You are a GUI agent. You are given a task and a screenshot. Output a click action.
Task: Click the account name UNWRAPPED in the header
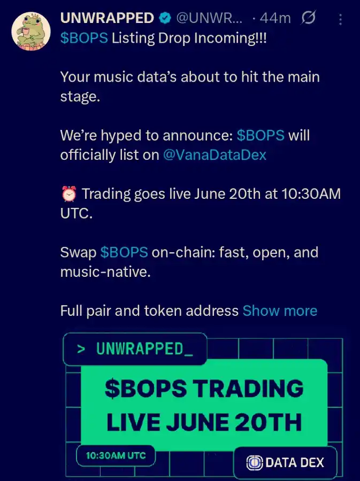[107, 18]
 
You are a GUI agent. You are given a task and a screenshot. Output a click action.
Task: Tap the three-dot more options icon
[341, 19]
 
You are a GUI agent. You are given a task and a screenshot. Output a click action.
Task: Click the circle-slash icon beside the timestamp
[309, 18]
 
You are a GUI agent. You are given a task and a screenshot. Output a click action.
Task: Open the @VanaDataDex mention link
[215, 155]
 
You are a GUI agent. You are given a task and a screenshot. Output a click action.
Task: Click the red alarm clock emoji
[69, 193]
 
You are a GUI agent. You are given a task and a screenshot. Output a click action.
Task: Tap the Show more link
[280, 311]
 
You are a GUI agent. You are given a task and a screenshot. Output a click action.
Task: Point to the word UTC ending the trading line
[75, 213]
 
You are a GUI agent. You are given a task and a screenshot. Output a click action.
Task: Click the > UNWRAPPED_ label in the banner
[135, 349]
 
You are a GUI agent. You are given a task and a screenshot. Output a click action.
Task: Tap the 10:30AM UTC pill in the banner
[115, 456]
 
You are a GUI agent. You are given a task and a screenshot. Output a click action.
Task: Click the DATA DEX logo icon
[254, 462]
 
